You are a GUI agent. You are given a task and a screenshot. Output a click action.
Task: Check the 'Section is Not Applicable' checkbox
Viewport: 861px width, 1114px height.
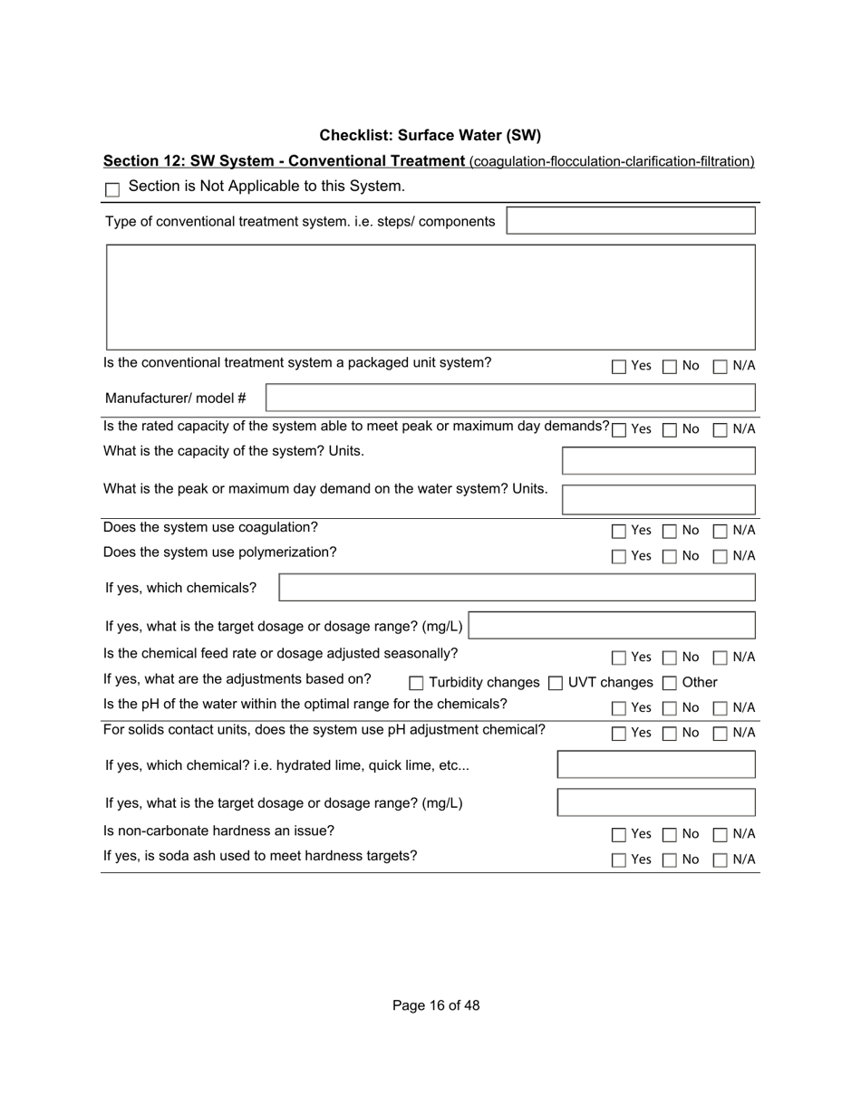(x=112, y=189)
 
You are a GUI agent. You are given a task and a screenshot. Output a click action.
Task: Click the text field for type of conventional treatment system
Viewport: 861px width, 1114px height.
(x=630, y=221)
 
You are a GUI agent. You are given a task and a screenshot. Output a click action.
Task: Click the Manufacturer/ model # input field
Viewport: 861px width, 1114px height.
(x=510, y=398)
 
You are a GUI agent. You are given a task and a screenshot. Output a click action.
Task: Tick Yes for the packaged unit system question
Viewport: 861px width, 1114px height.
(x=619, y=367)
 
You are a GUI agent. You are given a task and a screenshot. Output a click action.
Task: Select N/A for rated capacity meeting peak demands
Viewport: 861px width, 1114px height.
(x=721, y=430)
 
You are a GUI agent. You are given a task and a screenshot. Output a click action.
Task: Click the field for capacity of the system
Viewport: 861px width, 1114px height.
(x=658, y=461)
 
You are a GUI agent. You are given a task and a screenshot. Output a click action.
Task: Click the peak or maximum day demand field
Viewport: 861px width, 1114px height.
(x=658, y=499)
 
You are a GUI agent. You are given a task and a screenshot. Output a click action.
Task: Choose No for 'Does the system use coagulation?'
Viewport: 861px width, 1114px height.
(x=670, y=531)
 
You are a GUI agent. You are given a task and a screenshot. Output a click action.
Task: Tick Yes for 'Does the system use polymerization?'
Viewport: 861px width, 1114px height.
(x=619, y=557)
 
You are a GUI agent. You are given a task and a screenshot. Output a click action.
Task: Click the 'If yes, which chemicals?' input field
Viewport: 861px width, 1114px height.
(x=517, y=588)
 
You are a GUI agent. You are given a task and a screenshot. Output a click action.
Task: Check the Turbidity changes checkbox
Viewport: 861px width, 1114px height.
(x=417, y=683)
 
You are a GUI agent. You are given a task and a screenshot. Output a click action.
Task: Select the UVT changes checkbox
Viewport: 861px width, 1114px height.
(x=556, y=683)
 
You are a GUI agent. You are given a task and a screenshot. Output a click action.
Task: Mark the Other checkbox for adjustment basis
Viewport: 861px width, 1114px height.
(x=670, y=683)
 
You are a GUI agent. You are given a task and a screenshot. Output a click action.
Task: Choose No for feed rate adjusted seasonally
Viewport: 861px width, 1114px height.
(x=670, y=658)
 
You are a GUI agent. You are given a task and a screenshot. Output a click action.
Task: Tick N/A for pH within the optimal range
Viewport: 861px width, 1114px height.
(x=721, y=708)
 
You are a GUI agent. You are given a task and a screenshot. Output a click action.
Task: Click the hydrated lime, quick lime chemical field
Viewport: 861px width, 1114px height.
(x=656, y=764)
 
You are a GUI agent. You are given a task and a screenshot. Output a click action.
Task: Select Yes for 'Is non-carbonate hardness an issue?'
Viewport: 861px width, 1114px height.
(x=619, y=834)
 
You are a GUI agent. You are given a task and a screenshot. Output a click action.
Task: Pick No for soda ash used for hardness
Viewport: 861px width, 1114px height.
(x=670, y=860)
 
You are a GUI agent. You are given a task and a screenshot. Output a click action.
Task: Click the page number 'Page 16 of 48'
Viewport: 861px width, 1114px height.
(x=436, y=1005)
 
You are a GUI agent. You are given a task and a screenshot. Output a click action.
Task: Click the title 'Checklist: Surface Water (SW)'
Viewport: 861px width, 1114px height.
(x=430, y=136)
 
